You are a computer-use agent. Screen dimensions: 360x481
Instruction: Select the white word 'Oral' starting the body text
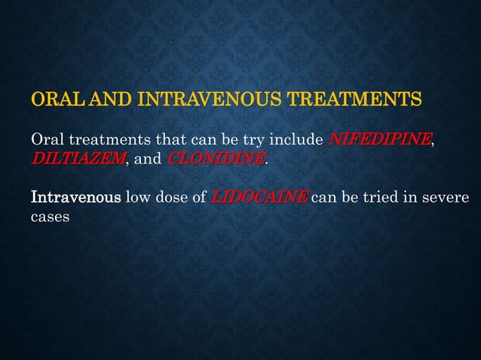[46, 140]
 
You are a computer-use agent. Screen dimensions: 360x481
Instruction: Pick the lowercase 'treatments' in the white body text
[103, 140]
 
